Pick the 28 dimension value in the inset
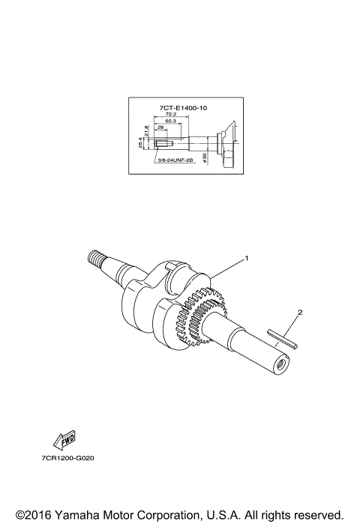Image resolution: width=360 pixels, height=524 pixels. pos(161,128)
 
